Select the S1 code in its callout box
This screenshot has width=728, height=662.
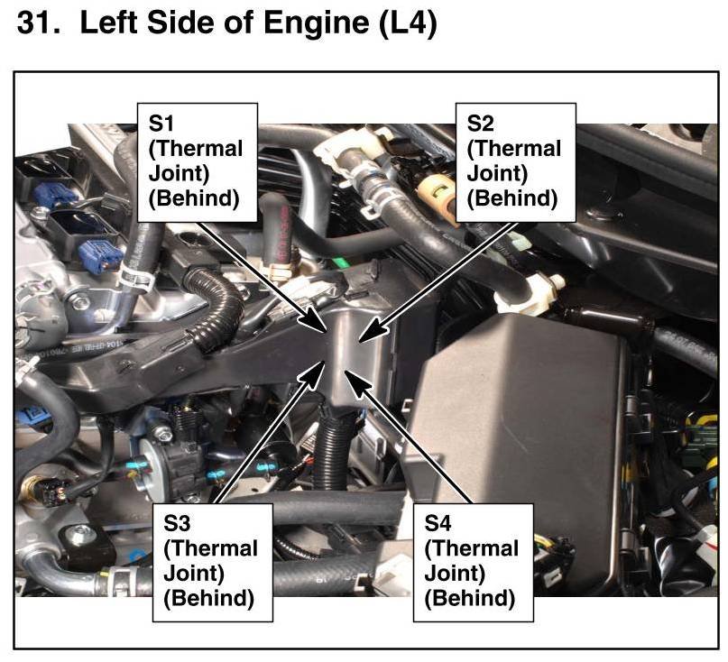161,123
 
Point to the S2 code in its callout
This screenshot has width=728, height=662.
480,123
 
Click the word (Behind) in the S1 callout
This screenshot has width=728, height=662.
193,198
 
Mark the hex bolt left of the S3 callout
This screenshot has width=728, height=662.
162,434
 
